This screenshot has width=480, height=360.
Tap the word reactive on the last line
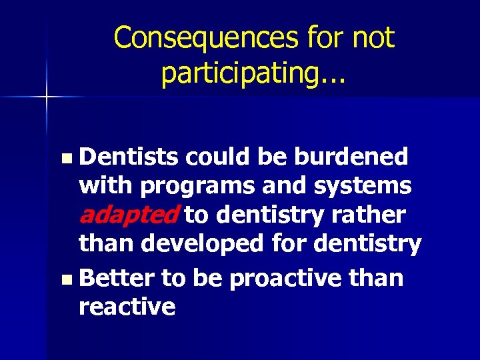[127, 307]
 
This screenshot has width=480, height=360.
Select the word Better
[117, 277]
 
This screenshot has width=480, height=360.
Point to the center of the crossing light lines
[47, 97]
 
